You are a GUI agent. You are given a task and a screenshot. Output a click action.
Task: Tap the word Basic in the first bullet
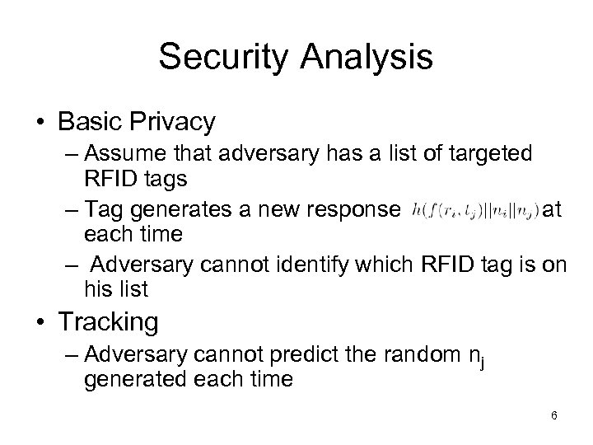89,122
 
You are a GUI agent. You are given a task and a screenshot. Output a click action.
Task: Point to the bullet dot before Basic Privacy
40,122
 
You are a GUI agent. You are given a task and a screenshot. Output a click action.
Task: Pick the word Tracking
108,321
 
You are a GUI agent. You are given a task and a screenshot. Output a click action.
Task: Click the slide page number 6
554,416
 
